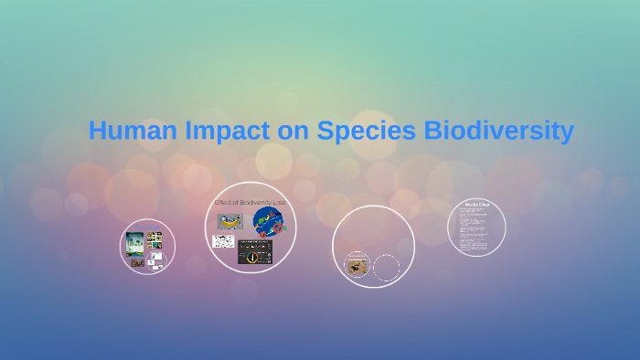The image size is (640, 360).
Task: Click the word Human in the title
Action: tap(124, 131)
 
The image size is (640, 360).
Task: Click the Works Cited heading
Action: tap(476, 205)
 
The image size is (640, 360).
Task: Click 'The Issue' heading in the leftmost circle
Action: tap(146, 227)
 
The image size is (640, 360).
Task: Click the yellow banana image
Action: tap(229, 221)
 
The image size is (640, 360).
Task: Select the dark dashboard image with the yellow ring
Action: tap(255, 251)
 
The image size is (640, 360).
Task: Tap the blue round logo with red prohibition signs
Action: tap(269, 221)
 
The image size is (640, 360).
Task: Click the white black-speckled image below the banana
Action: tap(223, 242)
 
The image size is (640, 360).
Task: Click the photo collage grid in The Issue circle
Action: tap(155, 240)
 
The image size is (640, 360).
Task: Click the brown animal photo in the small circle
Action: tap(357, 265)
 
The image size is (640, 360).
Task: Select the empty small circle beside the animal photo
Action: tap(387, 268)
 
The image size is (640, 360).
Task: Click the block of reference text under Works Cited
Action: tap(476, 228)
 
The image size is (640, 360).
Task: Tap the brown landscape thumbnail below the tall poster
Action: tap(136, 262)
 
